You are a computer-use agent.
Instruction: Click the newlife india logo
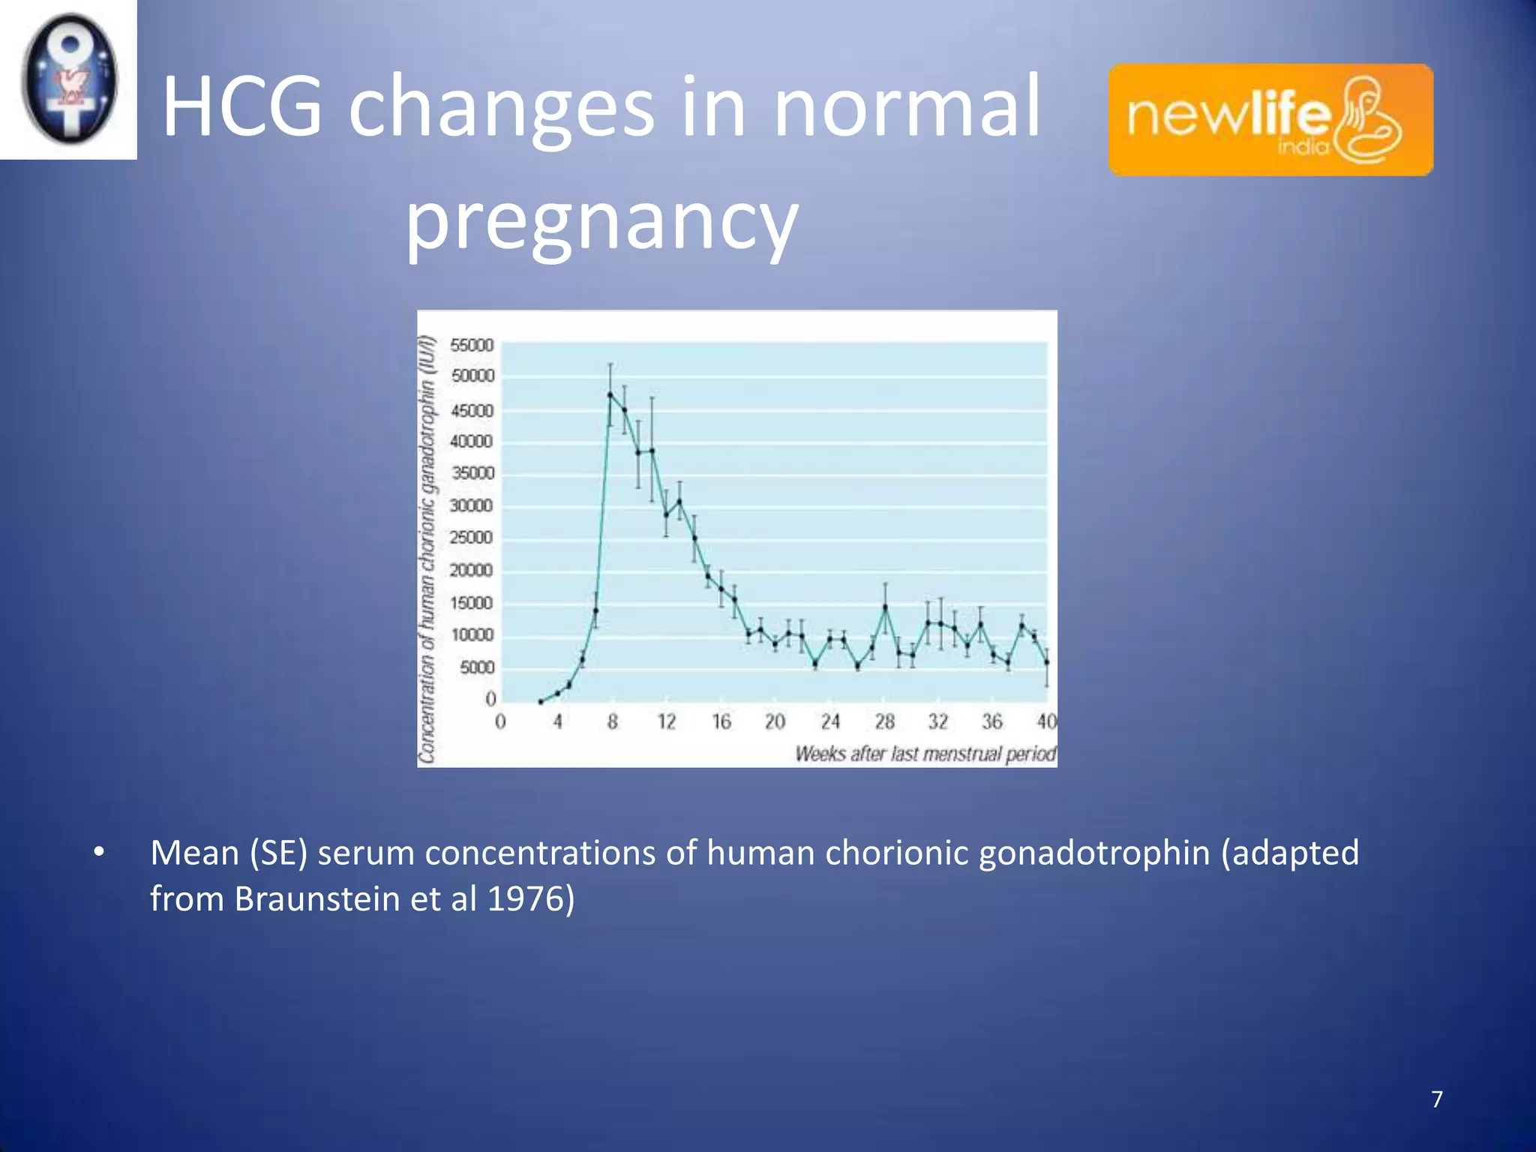coord(1270,120)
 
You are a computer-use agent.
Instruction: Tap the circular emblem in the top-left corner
coord(69,79)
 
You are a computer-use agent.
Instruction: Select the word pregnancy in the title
coord(601,219)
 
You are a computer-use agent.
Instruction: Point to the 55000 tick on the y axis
coord(472,345)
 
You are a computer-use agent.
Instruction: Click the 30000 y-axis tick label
coord(471,505)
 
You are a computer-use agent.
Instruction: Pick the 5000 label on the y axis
coord(476,667)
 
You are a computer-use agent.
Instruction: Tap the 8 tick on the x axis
coord(613,721)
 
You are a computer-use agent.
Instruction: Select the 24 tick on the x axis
coord(829,721)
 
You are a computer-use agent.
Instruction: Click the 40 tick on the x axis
coord(1046,721)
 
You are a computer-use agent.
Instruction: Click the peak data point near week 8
coord(610,394)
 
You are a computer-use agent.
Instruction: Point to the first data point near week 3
coord(541,702)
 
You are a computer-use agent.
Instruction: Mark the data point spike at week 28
coord(885,607)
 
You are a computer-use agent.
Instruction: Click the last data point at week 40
coord(1047,662)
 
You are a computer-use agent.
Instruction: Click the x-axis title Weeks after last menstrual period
coord(925,754)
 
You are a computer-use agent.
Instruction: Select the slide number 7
coord(1437,1099)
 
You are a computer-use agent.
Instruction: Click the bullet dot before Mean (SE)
coord(99,853)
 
